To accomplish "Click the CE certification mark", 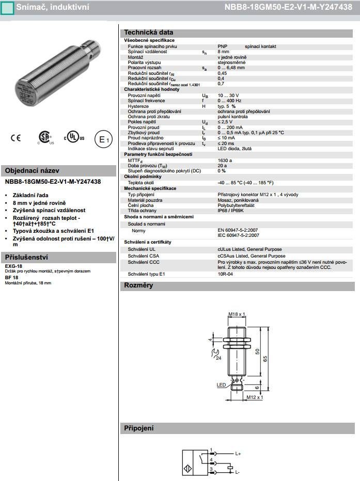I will [16, 138].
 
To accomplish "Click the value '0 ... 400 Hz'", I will [230, 101].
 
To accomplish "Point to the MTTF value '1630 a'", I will [225, 160].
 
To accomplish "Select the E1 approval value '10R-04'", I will [225, 274].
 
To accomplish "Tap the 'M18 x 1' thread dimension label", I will [236, 314].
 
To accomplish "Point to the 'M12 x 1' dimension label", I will [254, 397].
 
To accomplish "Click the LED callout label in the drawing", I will [221, 384].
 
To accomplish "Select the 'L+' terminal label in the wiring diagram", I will [238, 454].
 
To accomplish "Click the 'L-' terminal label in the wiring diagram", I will [238, 472].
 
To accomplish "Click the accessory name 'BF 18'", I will [11, 277].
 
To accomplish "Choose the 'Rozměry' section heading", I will [138, 285].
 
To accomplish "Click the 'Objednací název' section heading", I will [32, 171].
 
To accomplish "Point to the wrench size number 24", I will [218, 358].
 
